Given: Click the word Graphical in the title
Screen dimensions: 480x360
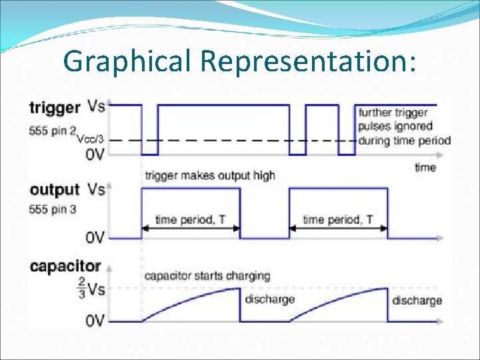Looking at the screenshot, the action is pos(127,61).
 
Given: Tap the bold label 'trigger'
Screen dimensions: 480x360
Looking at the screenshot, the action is pos(56,107).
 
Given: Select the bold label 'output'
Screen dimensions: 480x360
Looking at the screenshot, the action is pos(55,191).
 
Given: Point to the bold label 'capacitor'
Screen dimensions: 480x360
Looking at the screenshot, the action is pos(65,267).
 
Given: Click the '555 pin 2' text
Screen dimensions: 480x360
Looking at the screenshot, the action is pos(53,131).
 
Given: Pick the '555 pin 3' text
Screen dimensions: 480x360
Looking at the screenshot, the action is pos(53,209).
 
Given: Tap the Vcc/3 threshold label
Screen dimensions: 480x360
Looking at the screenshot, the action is pos(90,139).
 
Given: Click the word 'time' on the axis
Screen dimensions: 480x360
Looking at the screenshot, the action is pos(425,167).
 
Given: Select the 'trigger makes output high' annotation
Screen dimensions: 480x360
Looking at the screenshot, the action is pos(209,175).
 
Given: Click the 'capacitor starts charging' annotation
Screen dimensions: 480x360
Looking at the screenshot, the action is pos(207,275).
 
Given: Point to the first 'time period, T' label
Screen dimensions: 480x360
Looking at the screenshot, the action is pos(189,219).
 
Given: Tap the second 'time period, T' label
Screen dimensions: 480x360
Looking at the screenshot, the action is pos(337,219).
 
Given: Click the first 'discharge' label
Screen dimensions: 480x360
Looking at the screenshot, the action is pos(269,299).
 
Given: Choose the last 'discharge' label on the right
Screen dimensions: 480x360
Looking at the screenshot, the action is pos(417,300).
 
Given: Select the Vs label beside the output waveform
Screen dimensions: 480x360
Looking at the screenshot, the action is pos(96,190).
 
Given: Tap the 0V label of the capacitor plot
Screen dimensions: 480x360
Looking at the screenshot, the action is pos(95,321).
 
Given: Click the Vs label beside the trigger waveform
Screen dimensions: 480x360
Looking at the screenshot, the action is pos(96,107).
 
